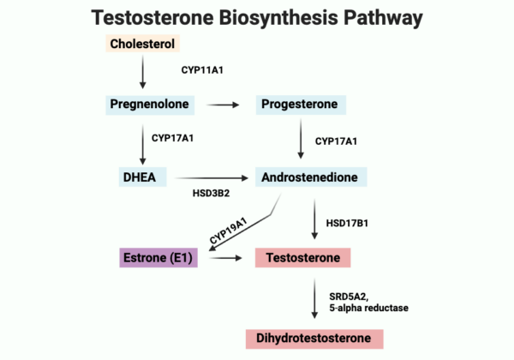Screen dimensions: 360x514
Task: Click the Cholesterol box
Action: click(143, 44)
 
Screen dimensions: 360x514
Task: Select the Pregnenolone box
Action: click(151, 105)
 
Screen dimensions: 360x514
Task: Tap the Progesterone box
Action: click(300, 105)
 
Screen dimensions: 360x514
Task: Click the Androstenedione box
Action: click(312, 177)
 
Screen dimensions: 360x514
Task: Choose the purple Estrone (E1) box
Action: click(158, 256)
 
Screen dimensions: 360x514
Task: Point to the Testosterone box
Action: click(303, 256)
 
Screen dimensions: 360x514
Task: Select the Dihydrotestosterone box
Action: click(314, 338)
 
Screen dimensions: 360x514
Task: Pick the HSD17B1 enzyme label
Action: click(346, 223)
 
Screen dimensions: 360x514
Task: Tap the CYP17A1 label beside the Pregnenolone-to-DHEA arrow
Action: click(176, 137)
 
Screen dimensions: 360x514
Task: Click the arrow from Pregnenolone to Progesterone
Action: click(225, 105)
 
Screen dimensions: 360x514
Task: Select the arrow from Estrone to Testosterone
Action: click(225, 256)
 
